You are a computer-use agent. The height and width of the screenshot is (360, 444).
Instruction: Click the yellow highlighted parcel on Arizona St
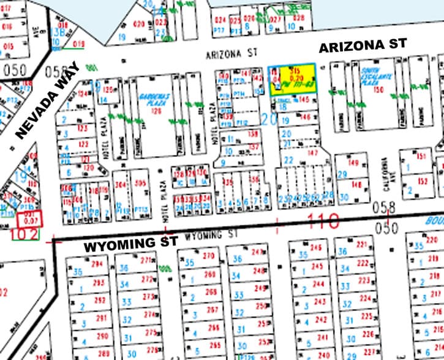tap(292, 78)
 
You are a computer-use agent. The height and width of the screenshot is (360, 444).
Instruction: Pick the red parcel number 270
tap(209, 256)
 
